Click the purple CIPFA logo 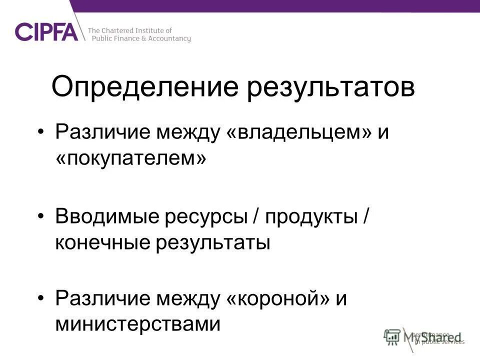(x=47, y=31)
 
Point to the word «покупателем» (x=130, y=158)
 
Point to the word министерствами (x=137, y=324)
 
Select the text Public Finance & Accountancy (x=139, y=39)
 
